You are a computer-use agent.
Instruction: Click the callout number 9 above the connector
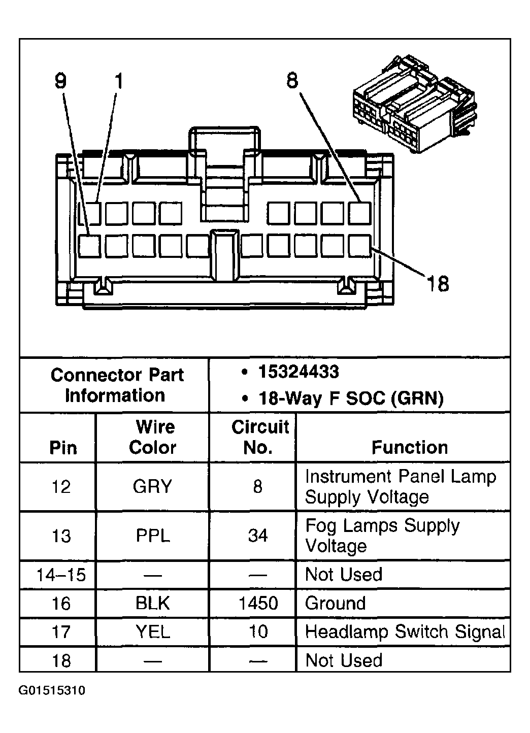click(61, 81)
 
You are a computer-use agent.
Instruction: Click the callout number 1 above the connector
click(118, 81)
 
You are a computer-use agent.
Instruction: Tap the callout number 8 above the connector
click(292, 80)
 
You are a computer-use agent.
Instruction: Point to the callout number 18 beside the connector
click(438, 284)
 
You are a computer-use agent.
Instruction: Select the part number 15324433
click(299, 372)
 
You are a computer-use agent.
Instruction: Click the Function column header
click(410, 447)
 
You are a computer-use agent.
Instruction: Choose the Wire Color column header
click(153, 437)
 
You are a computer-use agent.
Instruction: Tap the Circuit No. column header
click(260, 437)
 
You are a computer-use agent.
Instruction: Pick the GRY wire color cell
click(153, 487)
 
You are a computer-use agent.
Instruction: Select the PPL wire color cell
click(153, 536)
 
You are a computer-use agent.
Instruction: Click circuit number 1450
click(258, 603)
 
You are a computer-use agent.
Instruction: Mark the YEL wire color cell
click(153, 632)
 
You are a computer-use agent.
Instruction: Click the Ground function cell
click(336, 603)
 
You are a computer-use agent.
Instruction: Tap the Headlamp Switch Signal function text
click(405, 632)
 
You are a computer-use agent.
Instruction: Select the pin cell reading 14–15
click(61, 575)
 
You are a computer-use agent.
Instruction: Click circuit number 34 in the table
click(258, 536)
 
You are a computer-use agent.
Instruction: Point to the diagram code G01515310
click(52, 691)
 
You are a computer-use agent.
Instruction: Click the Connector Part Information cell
click(116, 385)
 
